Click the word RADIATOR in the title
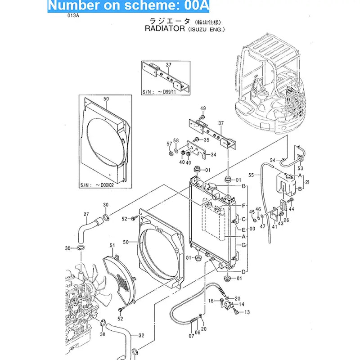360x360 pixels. point(165,28)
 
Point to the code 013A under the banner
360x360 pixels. point(74,15)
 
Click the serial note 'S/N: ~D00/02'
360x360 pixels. point(98,184)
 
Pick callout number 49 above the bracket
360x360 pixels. point(203,108)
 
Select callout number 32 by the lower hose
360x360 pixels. point(141,335)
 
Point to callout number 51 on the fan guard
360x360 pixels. point(112,245)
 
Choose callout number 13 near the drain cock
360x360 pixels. point(247,311)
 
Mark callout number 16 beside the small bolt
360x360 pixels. point(210,301)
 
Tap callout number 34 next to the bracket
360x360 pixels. point(213,155)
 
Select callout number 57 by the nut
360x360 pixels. point(169,144)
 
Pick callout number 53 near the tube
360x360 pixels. point(301,168)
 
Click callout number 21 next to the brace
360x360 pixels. point(307,182)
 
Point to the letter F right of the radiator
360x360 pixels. point(243,206)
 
